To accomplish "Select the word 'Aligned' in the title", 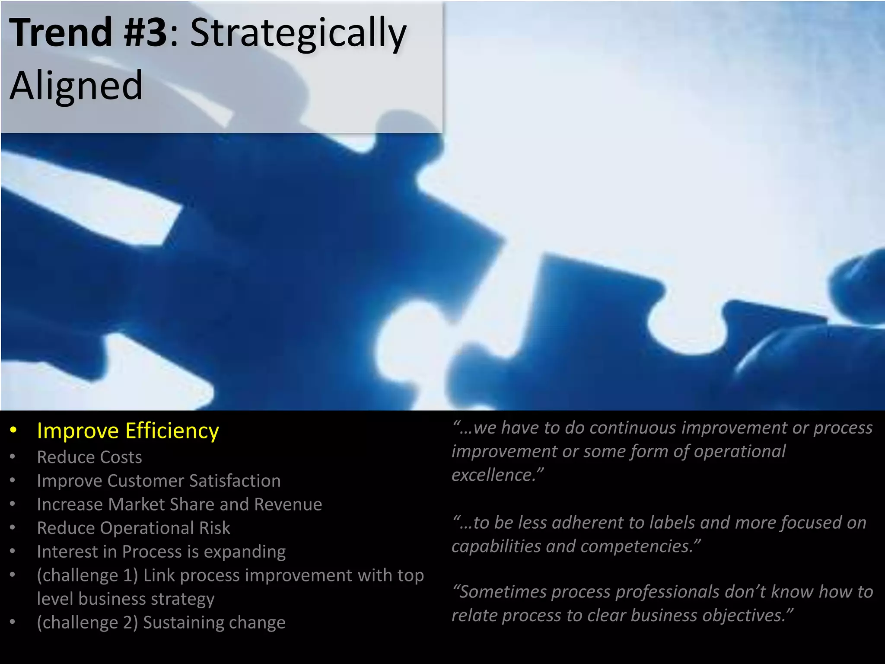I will coord(76,85).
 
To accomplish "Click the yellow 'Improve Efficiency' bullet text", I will coord(128,431).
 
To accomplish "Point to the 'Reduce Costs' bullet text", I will coord(89,457).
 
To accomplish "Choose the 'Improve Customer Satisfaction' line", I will coord(159,481).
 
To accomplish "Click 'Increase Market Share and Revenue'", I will coord(179,504).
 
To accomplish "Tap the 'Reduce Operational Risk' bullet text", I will coord(134,528).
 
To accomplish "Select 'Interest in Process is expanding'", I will coord(161,552).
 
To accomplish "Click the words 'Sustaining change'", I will coord(214,622).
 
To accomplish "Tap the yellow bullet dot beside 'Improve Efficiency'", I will coord(14,431).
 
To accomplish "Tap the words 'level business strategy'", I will coord(126,599).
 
